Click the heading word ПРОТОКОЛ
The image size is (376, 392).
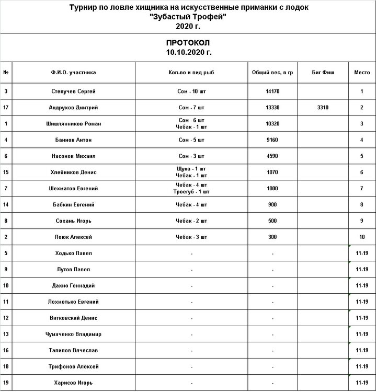tap(188, 42)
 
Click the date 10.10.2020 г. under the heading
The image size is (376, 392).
tap(188, 52)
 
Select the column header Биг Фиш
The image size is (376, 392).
tap(323, 72)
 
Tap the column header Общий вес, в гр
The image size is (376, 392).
tap(272, 72)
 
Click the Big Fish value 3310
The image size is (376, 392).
tap(323, 108)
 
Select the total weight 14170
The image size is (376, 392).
tap(272, 91)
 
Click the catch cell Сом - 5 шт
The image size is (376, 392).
tap(191, 140)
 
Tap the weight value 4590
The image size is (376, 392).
tap(272, 156)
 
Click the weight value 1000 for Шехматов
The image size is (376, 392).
tap(272, 189)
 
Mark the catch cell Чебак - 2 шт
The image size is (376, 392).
tap(191, 221)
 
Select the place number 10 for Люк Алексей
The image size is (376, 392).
tap(362, 237)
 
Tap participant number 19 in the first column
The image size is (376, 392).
tap(6, 383)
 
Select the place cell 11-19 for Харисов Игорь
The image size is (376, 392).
tap(362, 383)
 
